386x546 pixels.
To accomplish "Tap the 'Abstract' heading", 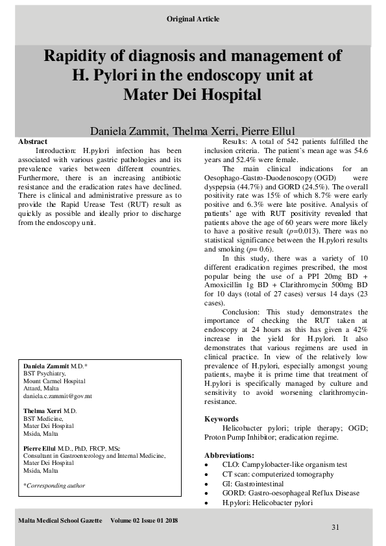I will tap(32, 141).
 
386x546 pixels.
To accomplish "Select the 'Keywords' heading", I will tap(221, 419).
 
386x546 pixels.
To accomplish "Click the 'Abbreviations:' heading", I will tap(230, 455).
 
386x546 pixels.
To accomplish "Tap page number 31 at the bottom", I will tap(335, 527).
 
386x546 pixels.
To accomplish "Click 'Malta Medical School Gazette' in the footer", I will tap(58, 519).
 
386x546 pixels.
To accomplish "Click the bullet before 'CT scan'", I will tap(207, 475).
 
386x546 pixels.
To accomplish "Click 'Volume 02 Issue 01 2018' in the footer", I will tap(144, 519).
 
